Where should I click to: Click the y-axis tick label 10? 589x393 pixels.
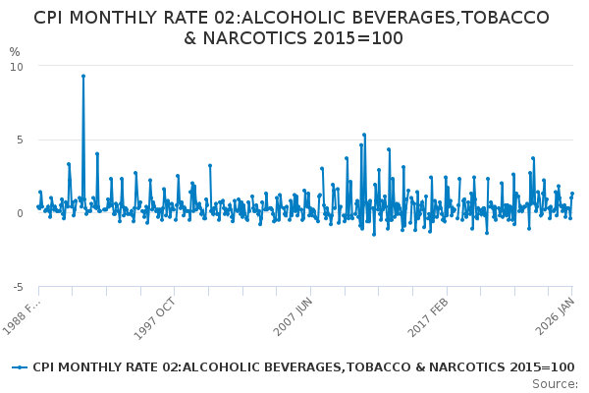(17, 66)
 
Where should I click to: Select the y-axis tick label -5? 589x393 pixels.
(17, 287)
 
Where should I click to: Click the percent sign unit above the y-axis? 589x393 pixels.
(14, 52)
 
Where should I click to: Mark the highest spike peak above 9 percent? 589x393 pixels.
(83, 76)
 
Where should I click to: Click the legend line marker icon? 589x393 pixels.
(20, 367)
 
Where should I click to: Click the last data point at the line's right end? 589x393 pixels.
(572, 194)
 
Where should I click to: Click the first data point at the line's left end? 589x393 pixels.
(38, 206)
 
